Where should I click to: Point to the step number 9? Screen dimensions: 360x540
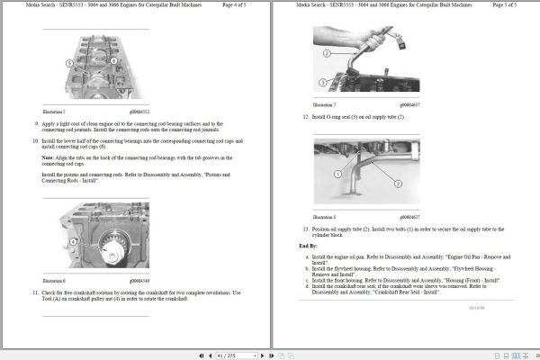pyautogui.click(x=37, y=123)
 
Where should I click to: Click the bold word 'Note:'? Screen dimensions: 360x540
pyautogui.click(x=49, y=157)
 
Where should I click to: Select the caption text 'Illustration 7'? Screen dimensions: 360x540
pyautogui.click(x=325, y=105)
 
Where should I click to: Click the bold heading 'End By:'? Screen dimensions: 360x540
pyautogui.click(x=308, y=245)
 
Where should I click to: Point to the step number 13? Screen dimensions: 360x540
pyautogui.click(x=306, y=229)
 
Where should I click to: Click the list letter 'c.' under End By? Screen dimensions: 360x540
pyautogui.click(x=308, y=280)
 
